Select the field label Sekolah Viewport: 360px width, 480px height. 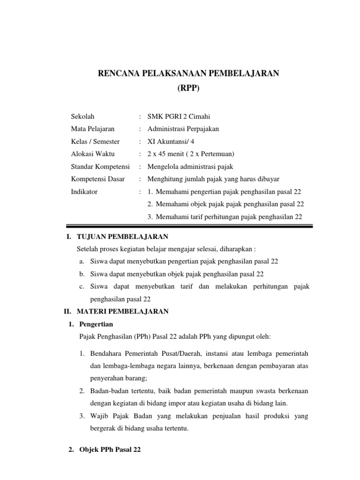(82, 116)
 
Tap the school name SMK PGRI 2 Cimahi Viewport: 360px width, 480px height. (175, 116)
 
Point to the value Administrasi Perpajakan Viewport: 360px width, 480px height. (183, 129)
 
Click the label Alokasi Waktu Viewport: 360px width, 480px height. (92, 154)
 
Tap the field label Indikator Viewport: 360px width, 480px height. (84, 192)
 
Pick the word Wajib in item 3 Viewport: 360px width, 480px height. (98, 416)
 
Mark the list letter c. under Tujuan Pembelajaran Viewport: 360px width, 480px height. (82, 286)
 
